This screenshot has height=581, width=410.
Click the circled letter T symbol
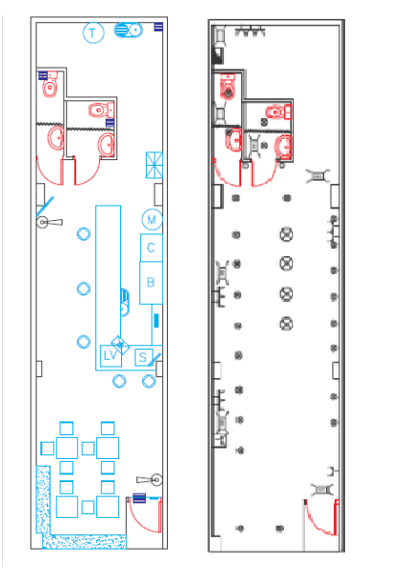click(x=93, y=33)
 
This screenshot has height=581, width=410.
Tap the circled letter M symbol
click(x=152, y=220)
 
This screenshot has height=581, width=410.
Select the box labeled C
click(x=151, y=248)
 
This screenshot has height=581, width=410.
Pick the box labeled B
click(x=151, y=283)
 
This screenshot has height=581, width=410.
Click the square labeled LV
click(x=111, y=355)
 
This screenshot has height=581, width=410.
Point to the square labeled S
click(x=144, y=357)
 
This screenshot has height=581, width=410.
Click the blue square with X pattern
click(x=154, y=165)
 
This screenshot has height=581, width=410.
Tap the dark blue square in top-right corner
click(x=158, y=27)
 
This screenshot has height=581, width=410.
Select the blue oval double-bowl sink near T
click(x=128, y=30)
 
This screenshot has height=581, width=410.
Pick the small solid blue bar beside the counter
click(x=156, y=321)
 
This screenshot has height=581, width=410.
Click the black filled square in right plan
click(x=217, y=55)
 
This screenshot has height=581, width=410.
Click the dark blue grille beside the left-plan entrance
click(x=139, y=498)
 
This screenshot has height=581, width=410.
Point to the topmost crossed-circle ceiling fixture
click(x=286, y=234)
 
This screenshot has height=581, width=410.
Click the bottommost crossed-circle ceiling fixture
click(x=286, y=324)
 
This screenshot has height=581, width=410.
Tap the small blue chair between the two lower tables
click(x=88, y=508)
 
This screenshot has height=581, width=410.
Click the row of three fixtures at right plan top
click(x=250, y=30)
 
